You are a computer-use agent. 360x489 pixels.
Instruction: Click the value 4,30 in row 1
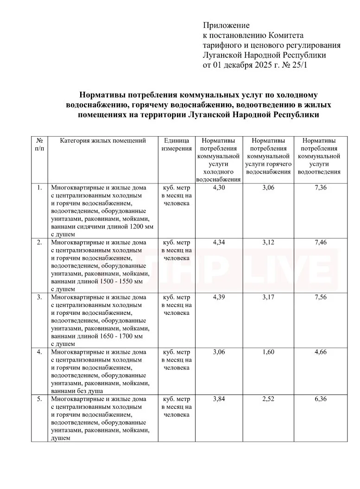tap(219, 188)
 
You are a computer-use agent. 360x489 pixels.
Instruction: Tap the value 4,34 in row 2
tap(219, 242)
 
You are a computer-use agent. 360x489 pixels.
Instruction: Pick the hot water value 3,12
tap(268, 242)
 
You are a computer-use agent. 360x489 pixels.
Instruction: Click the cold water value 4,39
tap(219, 297)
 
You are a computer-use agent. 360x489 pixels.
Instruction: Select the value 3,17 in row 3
tap(268, 297)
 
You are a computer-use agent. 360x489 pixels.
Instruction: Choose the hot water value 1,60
tap(268, 352)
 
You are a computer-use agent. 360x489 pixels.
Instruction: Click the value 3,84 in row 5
tap(219, 399)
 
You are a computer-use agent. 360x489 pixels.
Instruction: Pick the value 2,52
tap(268, 399)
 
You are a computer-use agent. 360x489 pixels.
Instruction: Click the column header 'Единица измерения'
tap(177, 144)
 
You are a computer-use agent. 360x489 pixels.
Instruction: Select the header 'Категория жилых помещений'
tap(103, 141)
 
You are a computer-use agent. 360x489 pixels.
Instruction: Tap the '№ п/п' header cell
tap(40, 144)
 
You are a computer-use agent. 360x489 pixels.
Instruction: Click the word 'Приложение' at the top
tap(226, 25)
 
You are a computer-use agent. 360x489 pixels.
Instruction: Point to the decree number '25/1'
tap(299, 65)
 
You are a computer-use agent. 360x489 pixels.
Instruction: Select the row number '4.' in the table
tap(40, 352)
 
